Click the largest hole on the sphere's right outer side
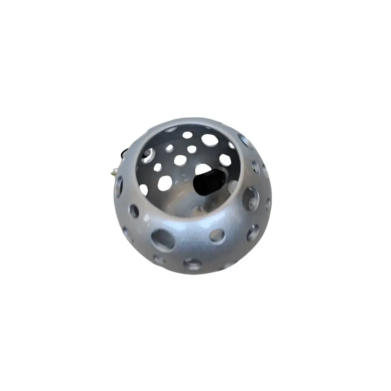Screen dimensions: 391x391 point(250,198)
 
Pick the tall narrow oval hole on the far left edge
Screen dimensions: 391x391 point(119,186)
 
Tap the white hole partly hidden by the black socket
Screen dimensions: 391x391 point(203,169)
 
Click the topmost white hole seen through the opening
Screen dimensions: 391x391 point(187,135)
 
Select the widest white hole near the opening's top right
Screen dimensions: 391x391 point(210,140)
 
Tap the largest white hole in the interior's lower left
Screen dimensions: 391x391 point(165,183)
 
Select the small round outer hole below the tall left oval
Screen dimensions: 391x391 point(134,211)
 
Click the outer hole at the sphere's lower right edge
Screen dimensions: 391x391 point(253,233)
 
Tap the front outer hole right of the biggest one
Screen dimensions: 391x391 point(217,235)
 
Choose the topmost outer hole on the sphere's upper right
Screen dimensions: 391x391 point(243,140)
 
